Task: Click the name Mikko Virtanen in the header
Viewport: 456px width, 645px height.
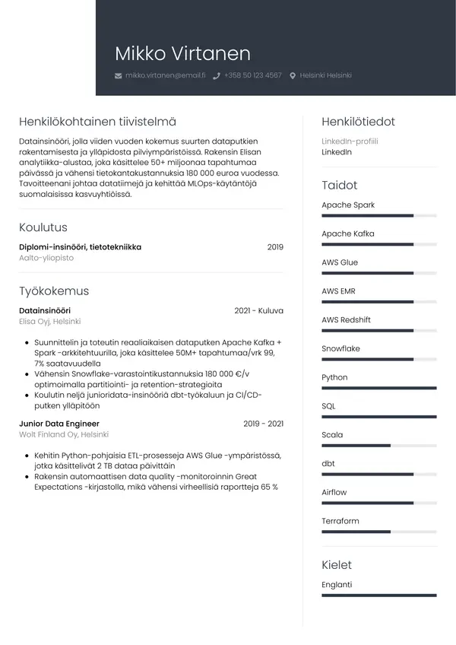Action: (x=182, y=53)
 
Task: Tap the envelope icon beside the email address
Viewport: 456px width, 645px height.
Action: (x=118, y=76)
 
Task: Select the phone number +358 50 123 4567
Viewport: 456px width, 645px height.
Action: (x=252, y=76)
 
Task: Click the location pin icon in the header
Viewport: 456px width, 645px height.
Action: (x=293, y=76)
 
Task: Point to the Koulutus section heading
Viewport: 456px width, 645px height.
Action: (x=43, y=227)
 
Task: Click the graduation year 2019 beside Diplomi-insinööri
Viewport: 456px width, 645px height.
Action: (x=275, y=246)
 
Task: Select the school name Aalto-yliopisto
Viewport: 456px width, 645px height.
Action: (x=46, y=258)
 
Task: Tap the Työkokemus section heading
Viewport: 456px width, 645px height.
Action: (x=54, y=291)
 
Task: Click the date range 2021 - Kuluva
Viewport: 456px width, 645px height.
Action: (x=258, y=310)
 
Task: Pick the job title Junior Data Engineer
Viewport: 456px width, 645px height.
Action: (x=59, y=424)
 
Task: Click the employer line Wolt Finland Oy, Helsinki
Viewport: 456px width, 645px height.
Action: (x=64, y=435)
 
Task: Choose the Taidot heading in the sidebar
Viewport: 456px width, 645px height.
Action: (x=339, y=185)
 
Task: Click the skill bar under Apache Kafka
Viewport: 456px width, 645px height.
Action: (x=378, y=244)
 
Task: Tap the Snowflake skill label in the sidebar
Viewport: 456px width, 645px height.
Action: (x=340, y=348)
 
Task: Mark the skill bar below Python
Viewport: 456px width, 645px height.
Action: (x=378, y=388)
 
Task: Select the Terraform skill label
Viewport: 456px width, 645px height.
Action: (x=340, y=521)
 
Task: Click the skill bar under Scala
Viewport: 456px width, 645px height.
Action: (x=378, y=446)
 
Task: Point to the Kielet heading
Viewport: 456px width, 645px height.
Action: (x=337, y=565)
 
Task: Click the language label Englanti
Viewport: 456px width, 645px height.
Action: (x=337, y=585)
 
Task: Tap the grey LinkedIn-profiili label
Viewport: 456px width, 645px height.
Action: (x=350, y=141)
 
